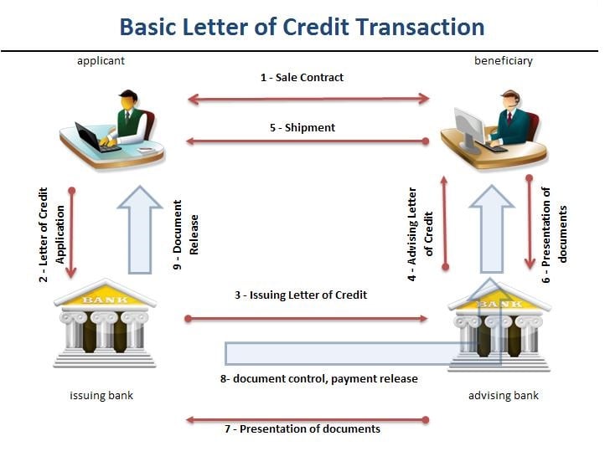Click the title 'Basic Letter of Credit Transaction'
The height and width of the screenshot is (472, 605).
coord(302,27)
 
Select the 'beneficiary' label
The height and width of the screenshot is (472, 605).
coord(503,60)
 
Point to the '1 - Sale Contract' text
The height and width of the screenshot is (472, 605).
coord(302,77)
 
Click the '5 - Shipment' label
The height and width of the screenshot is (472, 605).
coord(302,127)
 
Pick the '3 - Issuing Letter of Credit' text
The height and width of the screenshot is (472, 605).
coord(301,295)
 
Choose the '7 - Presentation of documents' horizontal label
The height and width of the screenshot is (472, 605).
coord(302,428)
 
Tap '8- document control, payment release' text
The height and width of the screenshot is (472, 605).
coord(318,378)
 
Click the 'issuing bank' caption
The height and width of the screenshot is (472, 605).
coord(101,395)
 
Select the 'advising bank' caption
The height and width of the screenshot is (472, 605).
coord(503,395)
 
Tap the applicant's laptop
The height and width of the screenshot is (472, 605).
coord(91,136)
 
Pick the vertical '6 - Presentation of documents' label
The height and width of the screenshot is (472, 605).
coord(555,224)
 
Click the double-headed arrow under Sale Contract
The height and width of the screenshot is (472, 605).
coord(308,100)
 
